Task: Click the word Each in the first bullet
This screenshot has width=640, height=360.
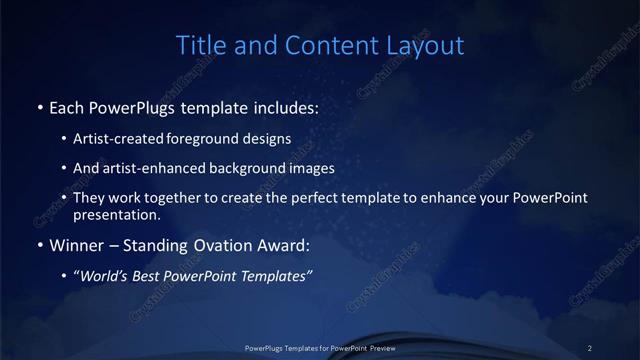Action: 65,107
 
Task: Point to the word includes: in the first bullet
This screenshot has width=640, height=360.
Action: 283,107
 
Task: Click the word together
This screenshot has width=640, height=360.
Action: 186,198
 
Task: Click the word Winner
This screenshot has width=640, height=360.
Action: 75,245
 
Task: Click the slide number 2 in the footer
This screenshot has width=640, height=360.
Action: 590,347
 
